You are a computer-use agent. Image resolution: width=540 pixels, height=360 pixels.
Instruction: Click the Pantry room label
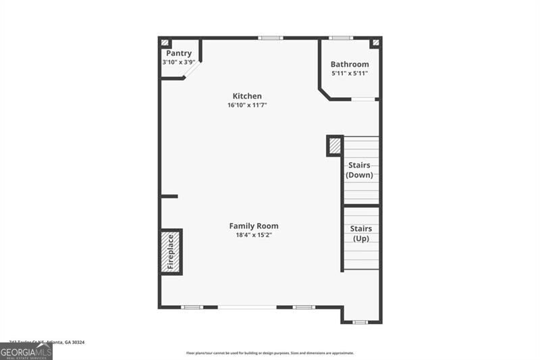pyautogui.click(x=178, y=53)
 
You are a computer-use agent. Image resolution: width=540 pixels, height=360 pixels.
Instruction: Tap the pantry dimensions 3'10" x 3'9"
pyautogui.click(x=178, y=62)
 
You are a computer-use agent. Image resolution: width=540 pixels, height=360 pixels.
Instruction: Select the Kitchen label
pyautogui.click(x=247, y=96)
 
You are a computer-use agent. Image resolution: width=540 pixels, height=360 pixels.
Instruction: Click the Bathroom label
pyautogui.click(x=350, y=64)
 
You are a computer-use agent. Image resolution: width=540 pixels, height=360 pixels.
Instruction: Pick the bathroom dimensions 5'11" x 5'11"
pyautogui.click(x=350, y=73)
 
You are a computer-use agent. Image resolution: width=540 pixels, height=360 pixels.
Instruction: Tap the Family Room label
pyautogui.click(x=254, y=226)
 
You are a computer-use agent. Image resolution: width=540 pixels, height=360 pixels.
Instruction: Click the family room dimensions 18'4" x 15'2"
pyautogui.click(x=254, y=235)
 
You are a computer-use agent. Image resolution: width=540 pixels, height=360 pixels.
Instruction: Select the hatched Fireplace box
pyautogui.click(x=171, y=251)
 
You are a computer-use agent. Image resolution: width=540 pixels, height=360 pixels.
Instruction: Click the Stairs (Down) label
pyautogui.click(x=360, y=170)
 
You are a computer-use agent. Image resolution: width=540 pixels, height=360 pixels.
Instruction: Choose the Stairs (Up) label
pyautogui.click(x=361, y=233)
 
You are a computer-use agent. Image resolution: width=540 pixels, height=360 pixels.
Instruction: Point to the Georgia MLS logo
pyautogui.click(x=26, y=351)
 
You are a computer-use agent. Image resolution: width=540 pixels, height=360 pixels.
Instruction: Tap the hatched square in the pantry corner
pyautogui.click(x=165, y=43)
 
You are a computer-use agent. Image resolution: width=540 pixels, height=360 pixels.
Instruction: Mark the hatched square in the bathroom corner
pyautogui.click(x=375, y=43)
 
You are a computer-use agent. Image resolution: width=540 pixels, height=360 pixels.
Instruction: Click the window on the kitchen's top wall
pyautogui.click(x=271, y=38)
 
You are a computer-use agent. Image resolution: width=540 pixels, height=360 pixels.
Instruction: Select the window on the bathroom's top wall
pyautogui.click(x=340, y=38)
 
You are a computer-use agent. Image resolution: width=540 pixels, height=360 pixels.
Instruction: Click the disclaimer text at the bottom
pyautogui.click(x=270, y=353)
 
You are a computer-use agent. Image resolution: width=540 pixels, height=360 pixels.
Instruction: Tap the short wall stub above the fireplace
pyautogui.click(x=169, y=197)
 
